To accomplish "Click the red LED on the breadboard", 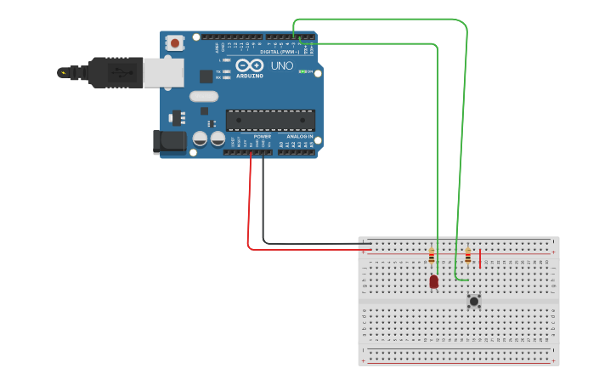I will click(433, 280).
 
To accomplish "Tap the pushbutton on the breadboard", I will click(473, 300).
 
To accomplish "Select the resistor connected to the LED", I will click(432, 255).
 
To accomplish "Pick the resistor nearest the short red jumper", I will click(467, 255).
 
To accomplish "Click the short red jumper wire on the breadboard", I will click(480, 258).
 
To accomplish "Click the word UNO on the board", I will click(281, 65).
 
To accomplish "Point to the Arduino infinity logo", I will click(250, 65).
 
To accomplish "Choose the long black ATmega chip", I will click(270, 120).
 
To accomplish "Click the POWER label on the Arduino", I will click(263, 136).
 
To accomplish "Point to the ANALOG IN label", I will click(299, 136).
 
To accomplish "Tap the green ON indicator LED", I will click(302, 71).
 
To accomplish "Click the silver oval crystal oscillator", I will click(204, 96).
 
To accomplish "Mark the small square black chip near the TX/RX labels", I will click(206, 76).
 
